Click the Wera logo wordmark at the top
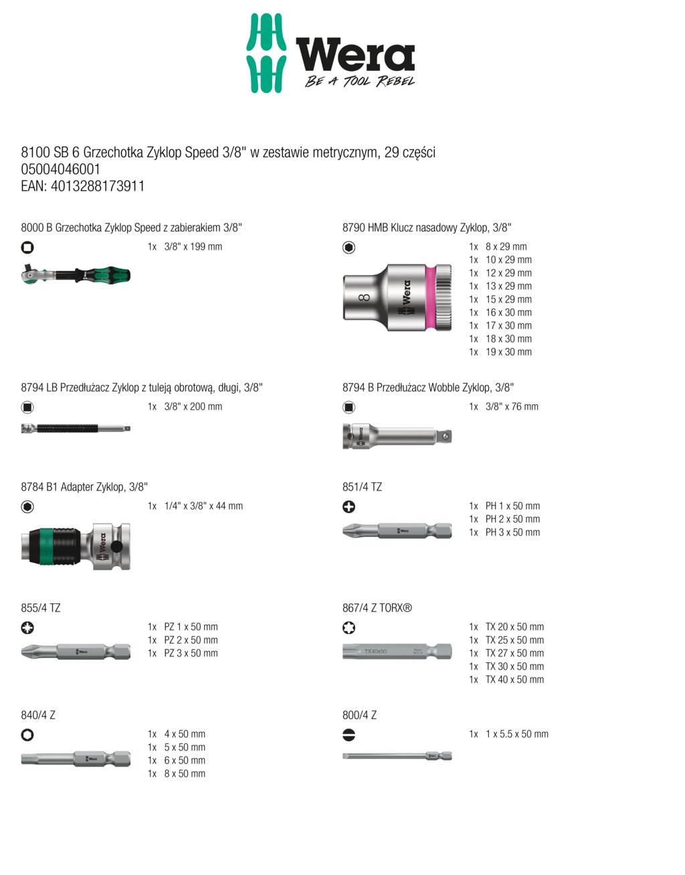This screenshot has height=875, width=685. pos(355,54)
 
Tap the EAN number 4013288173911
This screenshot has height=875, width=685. pos(98,186)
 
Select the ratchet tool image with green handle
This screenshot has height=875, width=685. pos(76,274)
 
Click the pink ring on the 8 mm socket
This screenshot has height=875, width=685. pos(431,298)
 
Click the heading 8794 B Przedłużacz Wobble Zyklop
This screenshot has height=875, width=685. pos(428,387)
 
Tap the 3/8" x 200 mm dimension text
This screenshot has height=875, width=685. pos(193,407)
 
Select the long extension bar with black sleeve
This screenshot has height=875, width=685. pos(76,428)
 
